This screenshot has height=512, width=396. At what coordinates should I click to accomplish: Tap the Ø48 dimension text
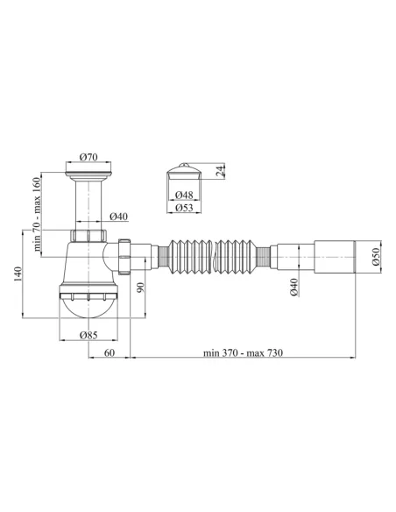(184, 195)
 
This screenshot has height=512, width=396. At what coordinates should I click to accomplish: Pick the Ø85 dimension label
(88, 335)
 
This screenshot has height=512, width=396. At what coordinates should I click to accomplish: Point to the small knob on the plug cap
(184, 165)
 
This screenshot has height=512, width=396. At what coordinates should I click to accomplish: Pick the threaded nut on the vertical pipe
(88, 237)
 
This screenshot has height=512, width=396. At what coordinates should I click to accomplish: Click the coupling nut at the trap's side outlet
(125, 253)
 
